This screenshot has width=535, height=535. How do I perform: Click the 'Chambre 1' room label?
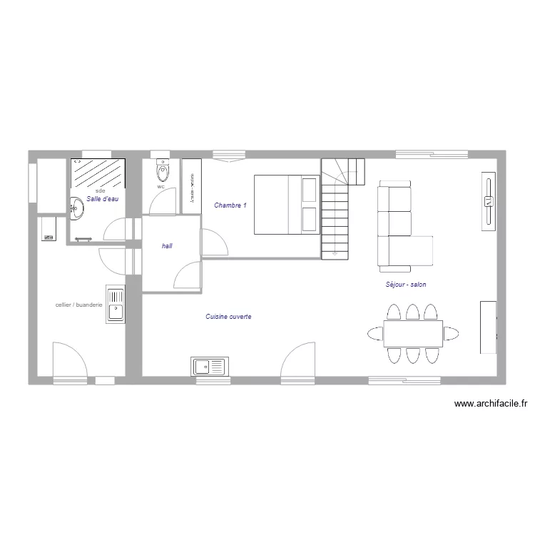(230, 205)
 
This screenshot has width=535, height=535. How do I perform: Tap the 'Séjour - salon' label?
(405, 284)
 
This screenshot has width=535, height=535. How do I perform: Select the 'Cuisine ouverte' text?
(228, 317)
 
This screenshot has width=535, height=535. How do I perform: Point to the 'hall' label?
(168, 245)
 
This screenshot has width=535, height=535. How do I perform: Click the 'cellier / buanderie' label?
(79, 305)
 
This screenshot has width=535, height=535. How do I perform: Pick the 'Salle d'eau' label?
(102, 199)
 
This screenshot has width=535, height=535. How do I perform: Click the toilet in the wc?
(163, 171)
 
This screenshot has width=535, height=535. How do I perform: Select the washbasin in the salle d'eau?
(76, 208)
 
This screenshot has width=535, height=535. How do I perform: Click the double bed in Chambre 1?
(285, 204)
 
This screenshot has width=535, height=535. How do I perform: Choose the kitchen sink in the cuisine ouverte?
(208, 367)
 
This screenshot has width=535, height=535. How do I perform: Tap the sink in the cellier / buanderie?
(115, 305)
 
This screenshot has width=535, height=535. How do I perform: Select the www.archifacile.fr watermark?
(490, 404)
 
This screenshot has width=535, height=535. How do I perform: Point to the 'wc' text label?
(160, 187)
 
